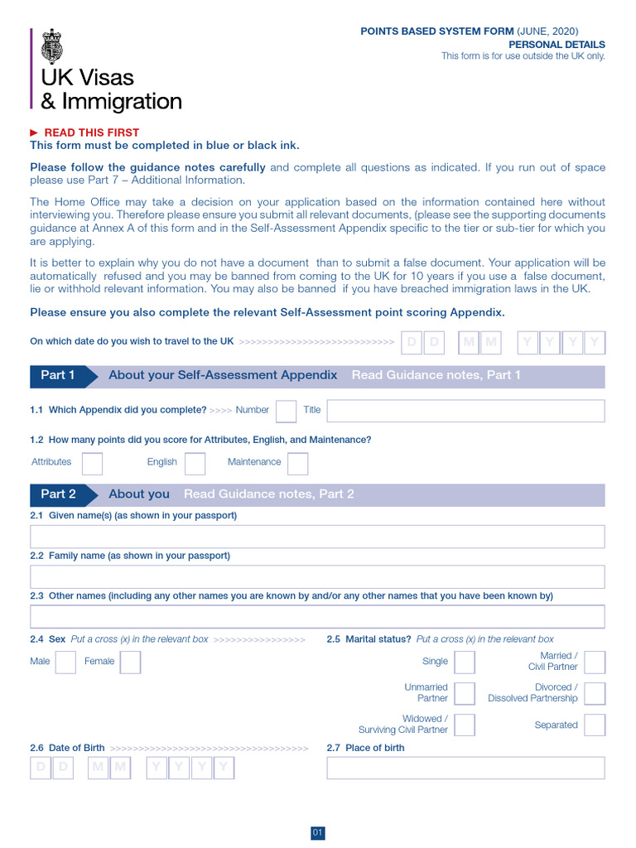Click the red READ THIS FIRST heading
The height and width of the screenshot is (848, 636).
click(x=91, y=132)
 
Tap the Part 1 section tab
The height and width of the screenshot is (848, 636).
click(x=58, y=375)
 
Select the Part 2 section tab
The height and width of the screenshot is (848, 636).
click(x=58, y=494)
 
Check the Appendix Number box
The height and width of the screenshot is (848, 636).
click(x=286, y=411)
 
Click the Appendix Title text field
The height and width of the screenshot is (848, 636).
click(x=465, y=411)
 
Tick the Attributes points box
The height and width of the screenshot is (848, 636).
click(x=93, y=463)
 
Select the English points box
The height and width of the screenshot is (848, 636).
click(x=195, y=463)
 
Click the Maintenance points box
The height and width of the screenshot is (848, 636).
click(x=297, y=463)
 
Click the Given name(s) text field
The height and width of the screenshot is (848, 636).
click(x=317, y=537)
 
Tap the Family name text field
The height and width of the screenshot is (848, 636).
click(x=317, y=576)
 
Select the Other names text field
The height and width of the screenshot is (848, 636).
click(x=317, y=617)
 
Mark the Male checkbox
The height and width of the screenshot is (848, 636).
click(x=65, y=662)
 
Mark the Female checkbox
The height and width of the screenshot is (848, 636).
click(x=130, y=662)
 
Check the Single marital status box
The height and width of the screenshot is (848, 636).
click(x=465, y=662)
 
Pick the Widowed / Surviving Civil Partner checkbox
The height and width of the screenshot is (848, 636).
click(x=465, y=725)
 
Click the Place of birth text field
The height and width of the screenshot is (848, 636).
click(x=465, y=768)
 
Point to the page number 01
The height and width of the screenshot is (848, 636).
click(x=318, y=833)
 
